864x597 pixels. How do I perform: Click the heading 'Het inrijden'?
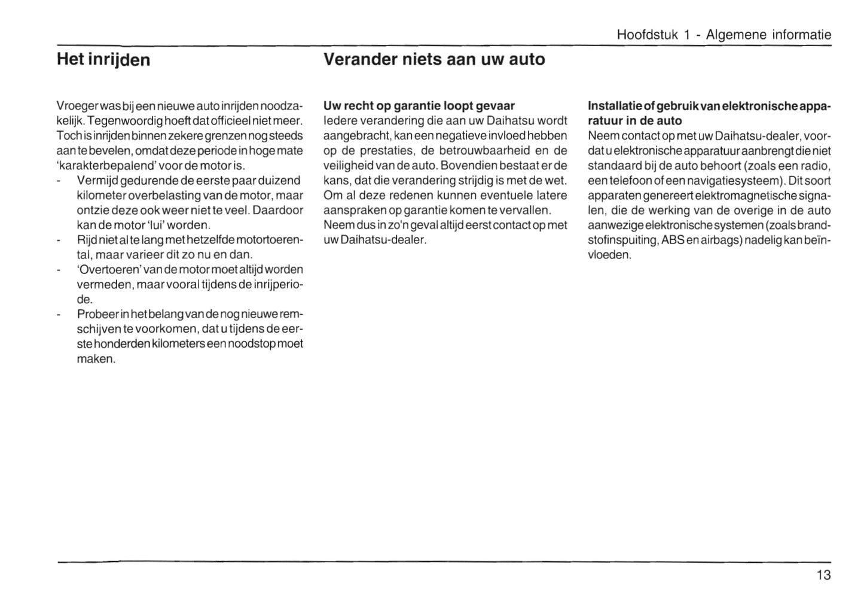(x=103, y=60)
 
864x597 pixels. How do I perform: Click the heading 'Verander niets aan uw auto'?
(x=434, y=59)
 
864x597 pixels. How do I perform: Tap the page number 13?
(x=823, y=575)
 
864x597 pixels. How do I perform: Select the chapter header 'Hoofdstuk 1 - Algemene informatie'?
(x=723, y=35)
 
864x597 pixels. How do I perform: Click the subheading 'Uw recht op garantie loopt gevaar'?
(x=419, y=106)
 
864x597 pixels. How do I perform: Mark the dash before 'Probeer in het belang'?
(x=59, y=315)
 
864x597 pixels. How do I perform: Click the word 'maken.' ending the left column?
(x=96, y=359)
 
